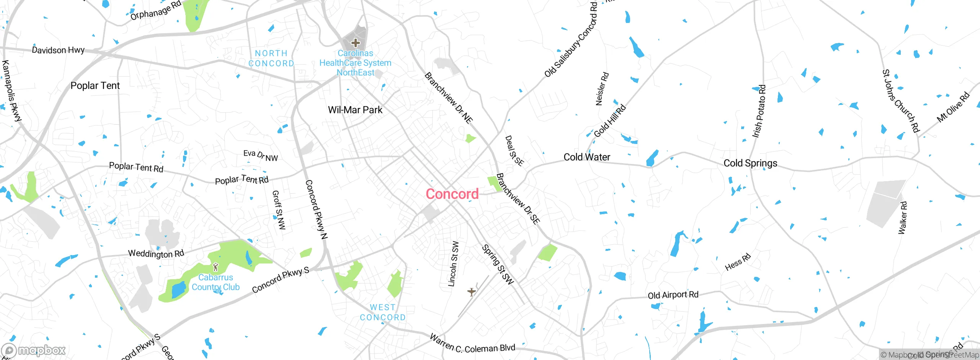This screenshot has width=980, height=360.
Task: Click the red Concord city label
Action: click(x=452, y=194)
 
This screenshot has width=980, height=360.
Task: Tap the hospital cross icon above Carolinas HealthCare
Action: click(x=356, y=43)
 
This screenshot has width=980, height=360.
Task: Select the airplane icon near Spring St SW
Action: click(x=472, y=292)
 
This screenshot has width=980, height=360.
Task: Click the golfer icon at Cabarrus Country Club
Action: click(x=216, y=267)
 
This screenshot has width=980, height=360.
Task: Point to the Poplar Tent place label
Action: click(x=95, y=86)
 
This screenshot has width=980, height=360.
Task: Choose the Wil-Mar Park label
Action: click(x=355, y=110)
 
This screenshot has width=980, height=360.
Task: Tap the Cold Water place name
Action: click(x=586, y=157)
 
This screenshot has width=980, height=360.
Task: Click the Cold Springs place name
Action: click(x=750, y=164)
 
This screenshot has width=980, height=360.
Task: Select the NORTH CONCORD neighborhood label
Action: click(x=271, y=59)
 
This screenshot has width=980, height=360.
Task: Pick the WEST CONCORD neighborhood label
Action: click(x=382, y=313)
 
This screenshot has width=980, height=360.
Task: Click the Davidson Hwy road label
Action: click(x=58, y=50)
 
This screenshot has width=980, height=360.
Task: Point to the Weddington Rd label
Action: click(x=156, y=254)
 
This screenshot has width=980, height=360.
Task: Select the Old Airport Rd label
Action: click(x=673, y=295)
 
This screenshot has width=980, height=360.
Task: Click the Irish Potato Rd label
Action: click(x=759, y=111)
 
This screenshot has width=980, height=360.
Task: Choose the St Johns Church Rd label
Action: click(x=900, y=101)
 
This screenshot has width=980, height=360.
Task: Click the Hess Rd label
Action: click(x=738, y=262)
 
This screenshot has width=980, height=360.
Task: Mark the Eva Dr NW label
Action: click(x=261, y=155)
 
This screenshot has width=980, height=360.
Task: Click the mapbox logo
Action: click(x=34, y=350)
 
